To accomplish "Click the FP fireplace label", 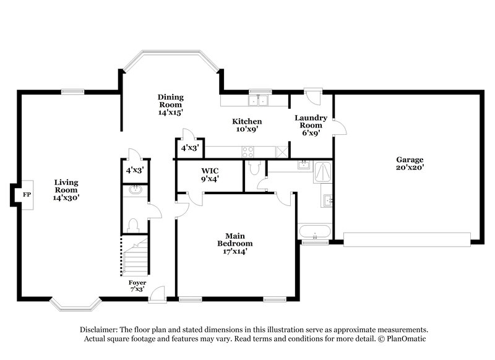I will tap(26, 194).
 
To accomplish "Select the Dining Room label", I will tap(170, 105).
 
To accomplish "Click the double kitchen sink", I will tap(258, 101).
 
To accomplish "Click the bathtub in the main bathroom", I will tap(314, 233).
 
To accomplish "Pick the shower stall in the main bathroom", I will tap(322, 171).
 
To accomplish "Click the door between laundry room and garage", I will tap(337, 127).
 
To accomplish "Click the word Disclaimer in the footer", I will tap(101, 330).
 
